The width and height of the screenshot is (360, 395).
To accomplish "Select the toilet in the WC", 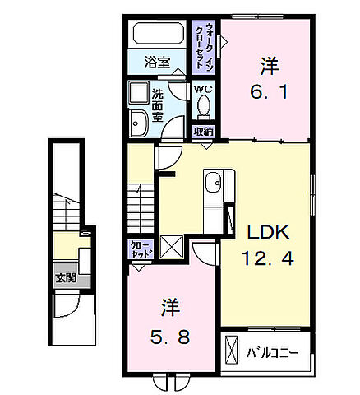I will [x=204, y=105].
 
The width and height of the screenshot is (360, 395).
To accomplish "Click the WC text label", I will [x=202, y=88].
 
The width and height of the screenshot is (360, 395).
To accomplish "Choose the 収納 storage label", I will [x=203, y=131].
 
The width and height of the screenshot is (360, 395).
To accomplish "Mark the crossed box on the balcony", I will [x=233, y=355].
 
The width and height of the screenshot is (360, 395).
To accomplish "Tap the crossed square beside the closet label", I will [x=172, y=246].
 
